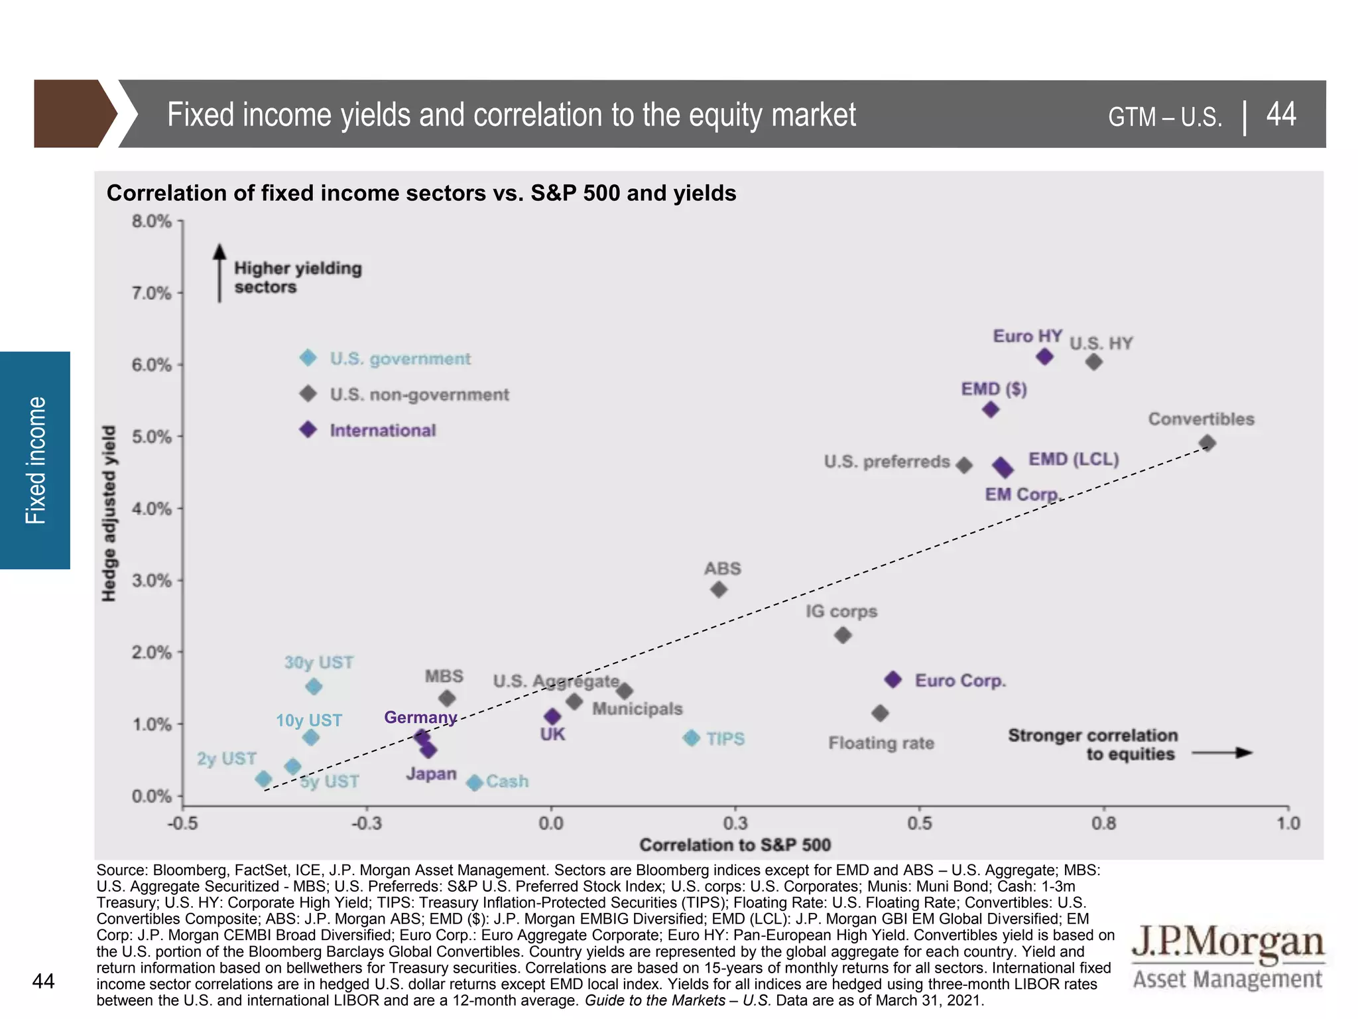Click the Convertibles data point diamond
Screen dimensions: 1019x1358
click(x=1207, y=442)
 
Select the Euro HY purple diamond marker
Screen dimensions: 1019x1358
click(x=1044, y=357)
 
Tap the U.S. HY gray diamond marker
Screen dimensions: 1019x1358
click(x=1094, y=362)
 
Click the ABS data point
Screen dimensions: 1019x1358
click(x=719, y=589)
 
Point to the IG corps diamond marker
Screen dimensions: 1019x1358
click(x=843, y=636)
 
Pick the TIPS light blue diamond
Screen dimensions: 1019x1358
click(x=692, y=738)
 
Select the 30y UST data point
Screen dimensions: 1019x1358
click(x=314, y=687)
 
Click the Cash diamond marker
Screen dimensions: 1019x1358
click(x=474, y=783)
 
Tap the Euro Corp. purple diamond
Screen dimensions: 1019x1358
click(x=893, y=679)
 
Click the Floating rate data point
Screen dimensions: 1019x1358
click(x=880, y=713)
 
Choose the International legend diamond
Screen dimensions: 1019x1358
click(x=308, y=429)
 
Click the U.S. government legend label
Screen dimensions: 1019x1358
click(x=400, y=359)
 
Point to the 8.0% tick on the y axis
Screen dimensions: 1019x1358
click(x=152, y=222)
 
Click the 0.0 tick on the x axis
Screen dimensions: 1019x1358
click(x=550, y=823)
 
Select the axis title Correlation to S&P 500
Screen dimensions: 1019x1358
click(x=735, y=845)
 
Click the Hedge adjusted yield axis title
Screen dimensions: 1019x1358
click(x=109, y=513)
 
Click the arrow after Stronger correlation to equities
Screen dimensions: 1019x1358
click(x=1221, y=753)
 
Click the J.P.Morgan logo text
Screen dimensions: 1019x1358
click(x=1227, y=942)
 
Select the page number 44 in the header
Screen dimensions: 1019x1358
click(x=1280, y=114)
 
